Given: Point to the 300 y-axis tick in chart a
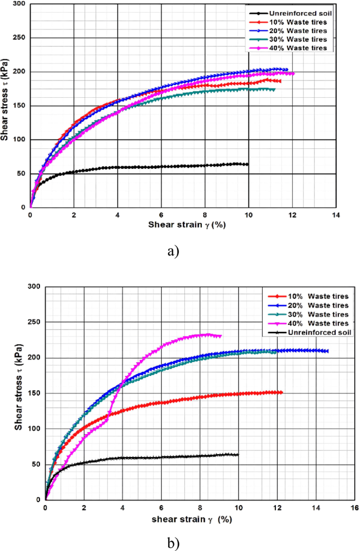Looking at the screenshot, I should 18,4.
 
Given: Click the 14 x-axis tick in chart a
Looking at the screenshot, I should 336,216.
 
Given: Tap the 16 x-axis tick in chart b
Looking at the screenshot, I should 354,508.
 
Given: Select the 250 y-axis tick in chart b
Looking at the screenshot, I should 33,322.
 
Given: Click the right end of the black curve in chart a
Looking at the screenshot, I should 248,164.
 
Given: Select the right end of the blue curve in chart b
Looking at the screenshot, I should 327,351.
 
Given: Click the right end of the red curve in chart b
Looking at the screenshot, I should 282,392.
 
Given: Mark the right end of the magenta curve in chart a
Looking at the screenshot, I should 293,74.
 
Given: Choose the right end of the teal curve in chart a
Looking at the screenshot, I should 274,89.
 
